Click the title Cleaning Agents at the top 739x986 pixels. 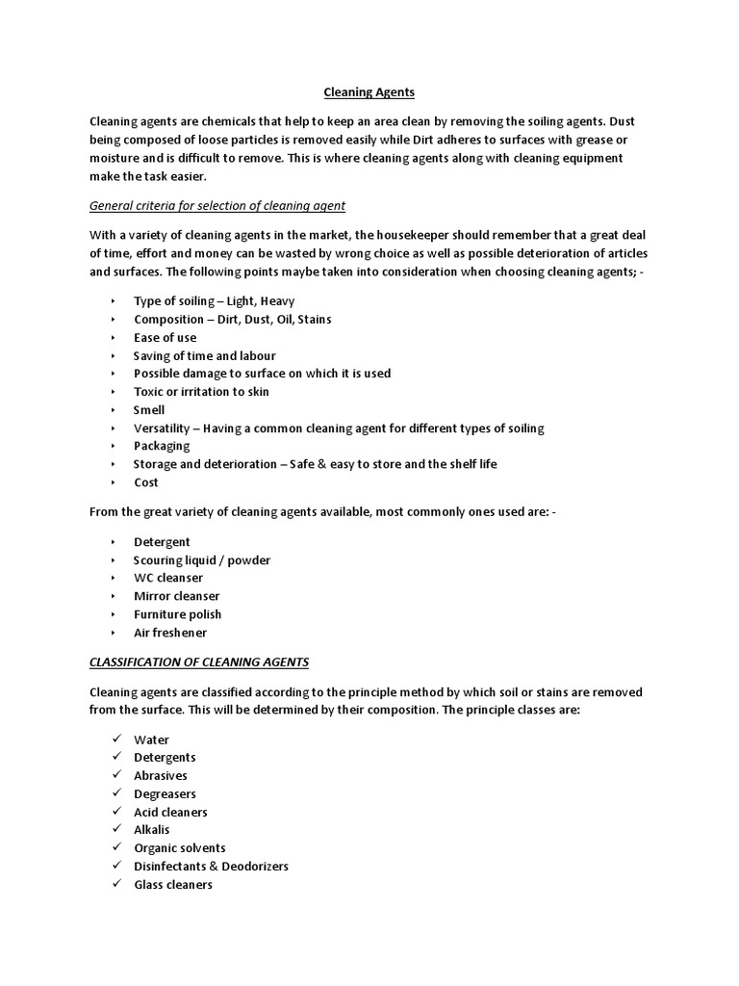tap(369, 92)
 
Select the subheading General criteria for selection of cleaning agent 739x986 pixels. tap(217, 205)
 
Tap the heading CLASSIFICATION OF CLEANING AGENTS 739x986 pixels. tap(199, 662)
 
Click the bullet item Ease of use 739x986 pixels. tap(165, 337)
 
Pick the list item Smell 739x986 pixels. tap(149, 409)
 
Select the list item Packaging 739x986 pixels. tap(162, 446)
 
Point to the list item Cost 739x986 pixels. tap(146, 482)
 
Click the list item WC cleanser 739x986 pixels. tap(168, 578)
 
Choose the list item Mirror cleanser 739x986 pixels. tap(177, 596)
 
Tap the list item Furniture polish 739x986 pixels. tap(177, 614)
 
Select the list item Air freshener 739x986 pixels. tap(170, 633)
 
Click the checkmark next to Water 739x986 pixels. tap(115, 739)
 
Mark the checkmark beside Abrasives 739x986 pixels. tap(115, 775)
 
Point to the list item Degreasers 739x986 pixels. tap(165, 793)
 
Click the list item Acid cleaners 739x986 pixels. tap(170, 812)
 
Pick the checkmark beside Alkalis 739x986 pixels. tap(115, 829)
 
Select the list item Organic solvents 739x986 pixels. tap(180, 847)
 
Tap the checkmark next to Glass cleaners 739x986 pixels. tap(115, 884)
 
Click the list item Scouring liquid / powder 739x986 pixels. tap(202, 559)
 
